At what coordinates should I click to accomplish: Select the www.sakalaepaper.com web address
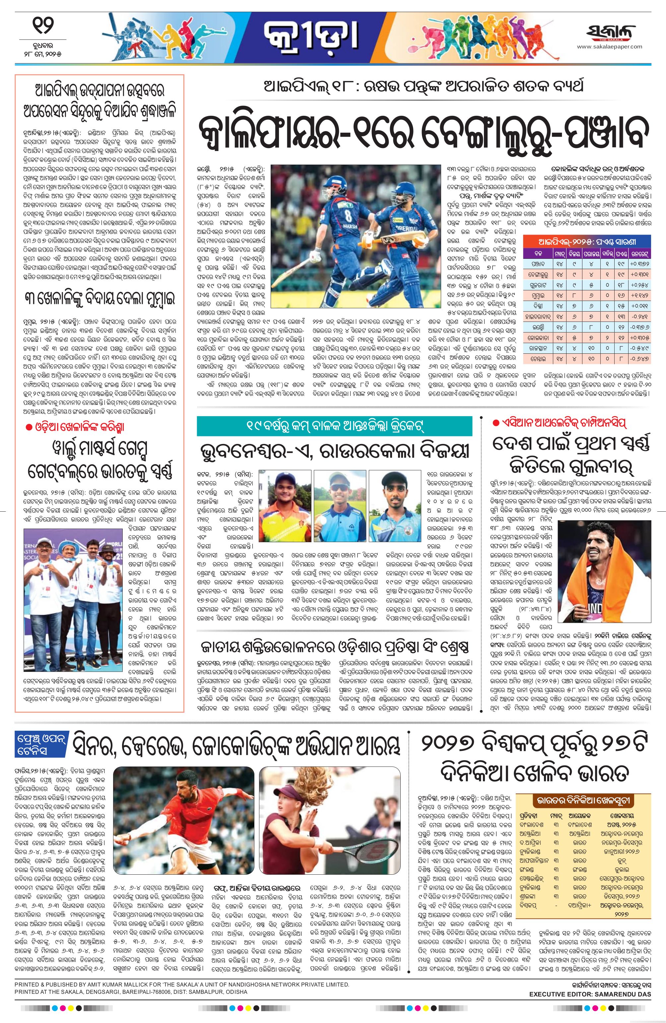click(609, 47)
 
